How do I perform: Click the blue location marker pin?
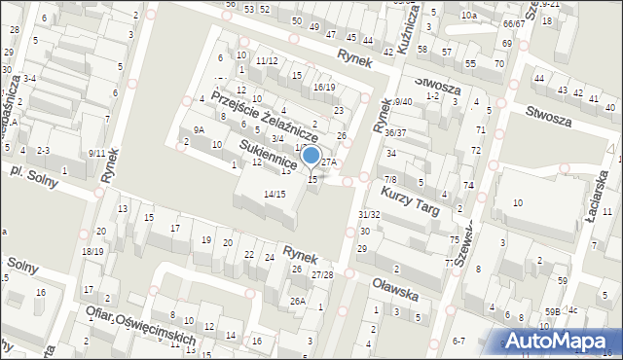click(x=311, y=157)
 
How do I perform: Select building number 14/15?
click(x=275, y=195)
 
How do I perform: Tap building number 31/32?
click(x=369, y=214)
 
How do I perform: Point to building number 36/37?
click(x=395, y=132)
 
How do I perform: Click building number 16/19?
click(x=324, y=88)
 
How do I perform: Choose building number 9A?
click(x=199, y=129)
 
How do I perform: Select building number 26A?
click(x=298, y=302)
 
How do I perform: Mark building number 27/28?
click(x=322, y=275)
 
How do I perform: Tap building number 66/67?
click(x=514, y=22)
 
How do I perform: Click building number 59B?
click(x=552, y=311)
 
